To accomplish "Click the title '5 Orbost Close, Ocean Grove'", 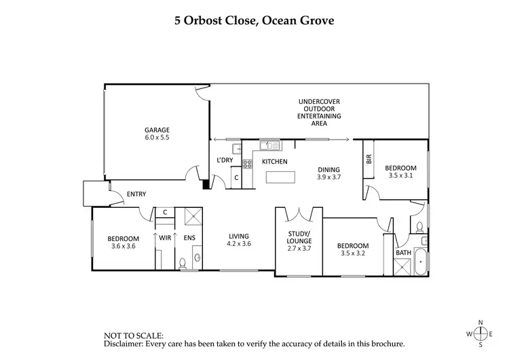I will point(254,20).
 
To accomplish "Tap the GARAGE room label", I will point(156,130).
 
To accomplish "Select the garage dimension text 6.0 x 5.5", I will point(156,138).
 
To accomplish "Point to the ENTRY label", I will point(136,195).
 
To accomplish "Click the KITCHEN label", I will point(275,162).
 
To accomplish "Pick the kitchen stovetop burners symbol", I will point(248,163).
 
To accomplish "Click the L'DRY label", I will point(224,160).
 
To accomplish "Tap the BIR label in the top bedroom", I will point(369,160).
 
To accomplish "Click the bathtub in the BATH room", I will point(421,263).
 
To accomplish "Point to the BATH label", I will point(403,253).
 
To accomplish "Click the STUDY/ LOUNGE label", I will point(299,237).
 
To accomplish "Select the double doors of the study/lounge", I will point(299,215).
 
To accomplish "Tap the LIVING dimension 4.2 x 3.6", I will point(239,243).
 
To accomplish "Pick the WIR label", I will point(165,238).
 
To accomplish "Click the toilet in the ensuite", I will point(183,264).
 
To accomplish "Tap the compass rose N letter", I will point(481,322).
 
